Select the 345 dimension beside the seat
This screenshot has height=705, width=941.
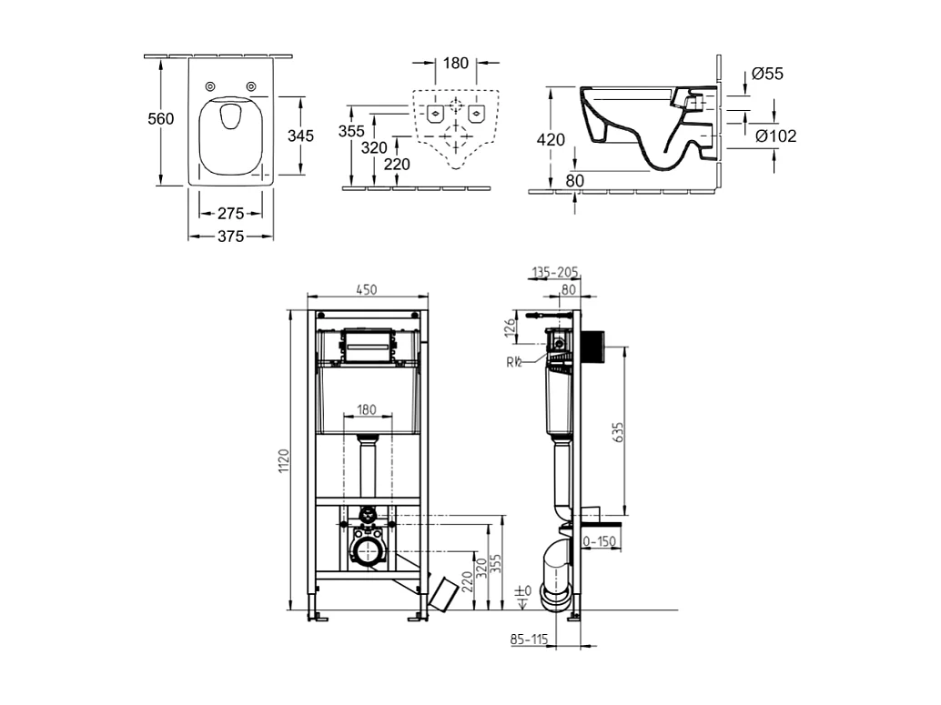300,136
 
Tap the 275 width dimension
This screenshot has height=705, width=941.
230,214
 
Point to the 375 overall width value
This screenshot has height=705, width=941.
230,237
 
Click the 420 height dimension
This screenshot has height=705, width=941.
551,139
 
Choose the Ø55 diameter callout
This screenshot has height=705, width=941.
768,74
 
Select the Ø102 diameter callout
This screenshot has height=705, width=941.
776,136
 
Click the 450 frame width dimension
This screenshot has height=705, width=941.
367,289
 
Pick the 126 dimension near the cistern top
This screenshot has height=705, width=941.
510,325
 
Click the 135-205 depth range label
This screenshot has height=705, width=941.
555,272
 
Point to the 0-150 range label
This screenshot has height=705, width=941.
600,542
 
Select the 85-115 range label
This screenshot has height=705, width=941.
529,640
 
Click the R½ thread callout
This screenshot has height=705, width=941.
514,361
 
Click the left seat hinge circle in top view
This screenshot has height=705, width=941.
211,86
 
